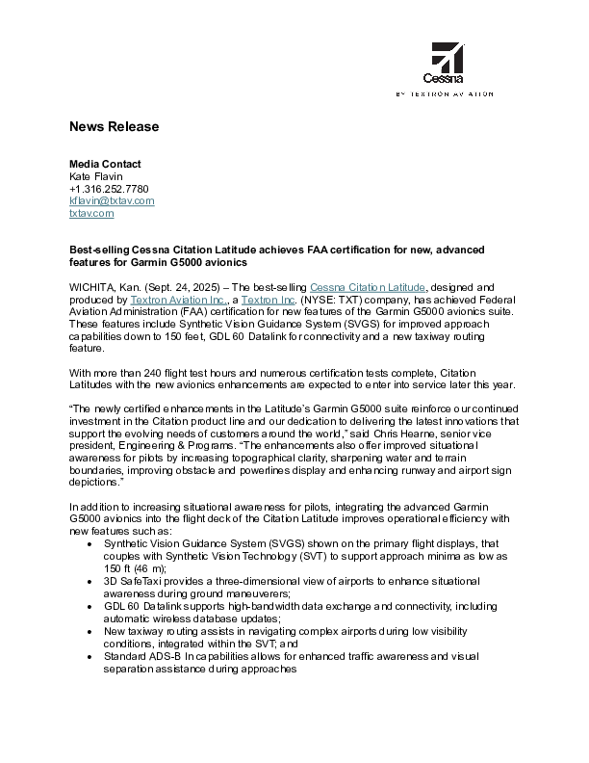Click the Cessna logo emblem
click(x=446, y=58)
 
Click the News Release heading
click(x=114, y=127)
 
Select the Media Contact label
click(x=105, y=164)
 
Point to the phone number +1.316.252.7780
click(x=108, y=189)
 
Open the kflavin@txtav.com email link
click(x=112, y=201)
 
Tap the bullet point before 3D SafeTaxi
click(x=90, y=582)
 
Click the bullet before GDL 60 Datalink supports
click(x=90, y=607)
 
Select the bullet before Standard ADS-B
click(x=90, y=656)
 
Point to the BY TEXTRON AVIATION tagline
click(x=445, y=94)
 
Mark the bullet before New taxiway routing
click(x=90, y=632)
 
